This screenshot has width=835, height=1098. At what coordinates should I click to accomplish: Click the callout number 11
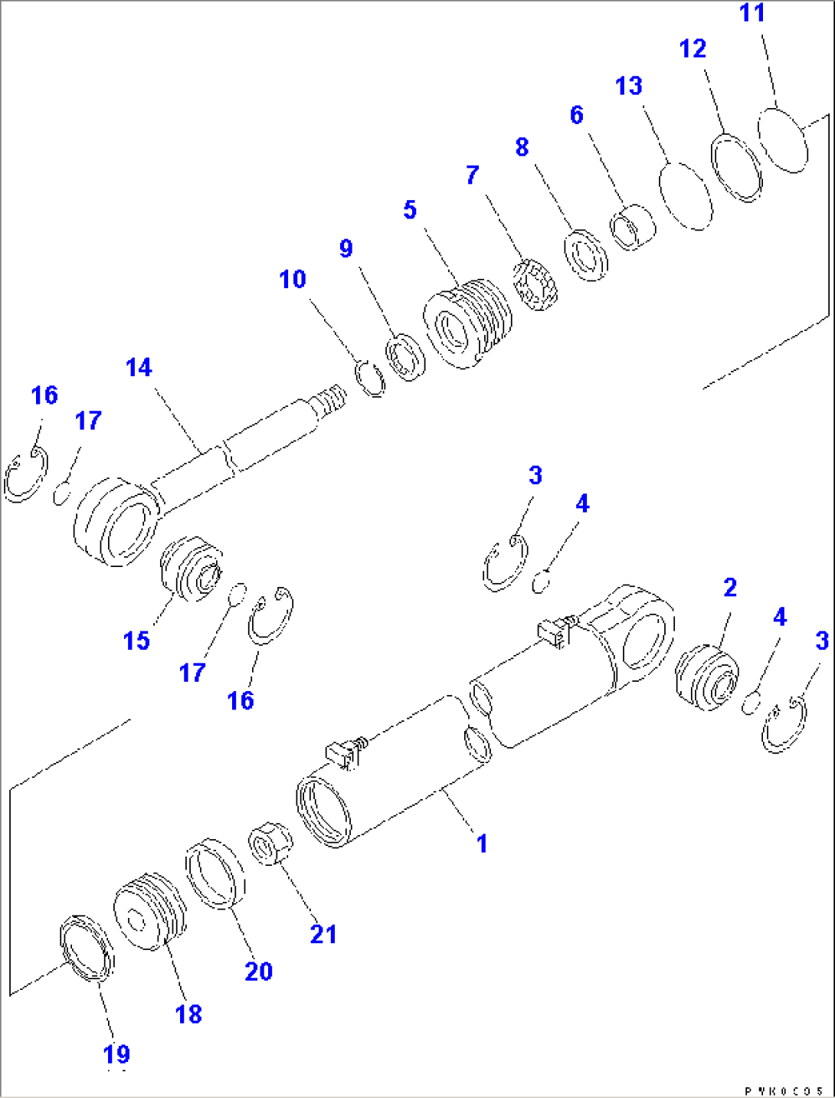[x=751, y=14]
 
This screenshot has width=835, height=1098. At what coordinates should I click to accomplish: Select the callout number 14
[x=139, y=368]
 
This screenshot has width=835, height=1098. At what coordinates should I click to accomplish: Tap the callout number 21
[x=323, y=934]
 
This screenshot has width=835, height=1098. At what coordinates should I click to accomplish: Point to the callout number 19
[x=116, y=1054]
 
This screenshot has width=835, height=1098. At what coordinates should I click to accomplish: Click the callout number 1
[x=482, y=844]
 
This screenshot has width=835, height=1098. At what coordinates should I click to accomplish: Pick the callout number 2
[x=729, y=588]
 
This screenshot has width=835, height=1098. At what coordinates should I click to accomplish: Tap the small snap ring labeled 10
[x=372, y=378]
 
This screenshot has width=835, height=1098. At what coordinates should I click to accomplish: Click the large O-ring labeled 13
[x=686, y=195]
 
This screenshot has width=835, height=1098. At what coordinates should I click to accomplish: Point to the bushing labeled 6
[x=634, y=226]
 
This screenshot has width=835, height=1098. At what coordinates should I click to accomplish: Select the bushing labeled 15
[x=191, y=569]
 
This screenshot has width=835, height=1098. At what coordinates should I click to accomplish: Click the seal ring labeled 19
[x=87, y=948]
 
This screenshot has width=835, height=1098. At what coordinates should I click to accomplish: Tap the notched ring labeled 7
[x=535, y=286]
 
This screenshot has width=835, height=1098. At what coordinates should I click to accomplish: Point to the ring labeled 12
[x=737, y=167]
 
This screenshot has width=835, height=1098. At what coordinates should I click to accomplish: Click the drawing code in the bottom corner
[x=784, y=1090]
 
